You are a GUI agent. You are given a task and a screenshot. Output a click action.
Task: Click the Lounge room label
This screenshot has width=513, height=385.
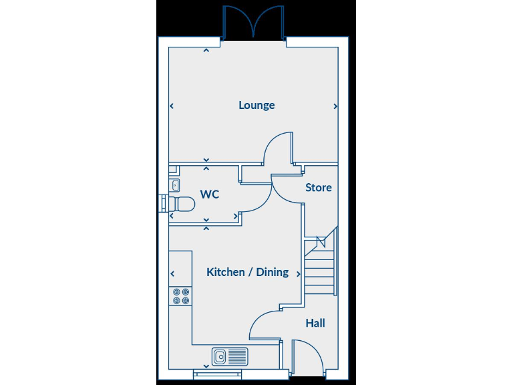[256, 106]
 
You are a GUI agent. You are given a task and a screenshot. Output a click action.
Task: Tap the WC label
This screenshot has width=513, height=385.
[210, 195]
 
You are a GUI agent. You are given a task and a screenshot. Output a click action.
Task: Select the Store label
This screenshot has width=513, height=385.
[318, 188]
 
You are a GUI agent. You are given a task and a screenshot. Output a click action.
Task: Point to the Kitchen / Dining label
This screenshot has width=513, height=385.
[247, 272]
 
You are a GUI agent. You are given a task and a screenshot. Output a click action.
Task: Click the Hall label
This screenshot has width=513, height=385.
[315, 324]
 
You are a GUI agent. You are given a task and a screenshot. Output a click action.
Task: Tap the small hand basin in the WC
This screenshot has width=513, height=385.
[174, 184]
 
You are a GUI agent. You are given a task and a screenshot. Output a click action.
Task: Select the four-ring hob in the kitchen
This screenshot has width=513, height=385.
[180, 296]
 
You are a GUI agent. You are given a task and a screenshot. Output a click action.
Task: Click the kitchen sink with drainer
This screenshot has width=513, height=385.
[230, 356]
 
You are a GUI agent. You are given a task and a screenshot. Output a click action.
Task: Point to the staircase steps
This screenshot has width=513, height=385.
[320, 267]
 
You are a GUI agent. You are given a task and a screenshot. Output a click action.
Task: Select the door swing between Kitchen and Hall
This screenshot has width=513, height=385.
[265, 324]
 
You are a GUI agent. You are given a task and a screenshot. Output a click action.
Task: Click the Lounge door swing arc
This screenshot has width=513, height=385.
[277, 148]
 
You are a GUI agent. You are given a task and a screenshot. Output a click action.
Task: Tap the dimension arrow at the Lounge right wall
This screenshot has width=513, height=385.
[335, 106]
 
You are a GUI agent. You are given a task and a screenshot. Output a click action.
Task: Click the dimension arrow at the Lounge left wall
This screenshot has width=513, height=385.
[172, 106]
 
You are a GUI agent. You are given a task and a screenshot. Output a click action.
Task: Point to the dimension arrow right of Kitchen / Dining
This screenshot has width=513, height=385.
[297, 273]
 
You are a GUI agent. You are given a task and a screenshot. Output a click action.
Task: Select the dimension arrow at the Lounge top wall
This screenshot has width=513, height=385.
[206, 49]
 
